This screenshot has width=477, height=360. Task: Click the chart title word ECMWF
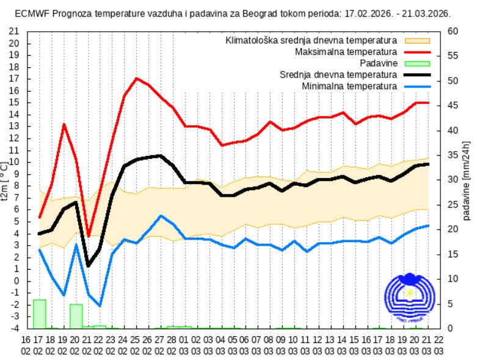tap(30, 13)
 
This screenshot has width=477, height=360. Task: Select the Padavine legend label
tap(379, 64)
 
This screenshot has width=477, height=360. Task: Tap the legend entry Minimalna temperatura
tap(349, 86)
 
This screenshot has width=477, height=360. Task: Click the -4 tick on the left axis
tap(15, 328)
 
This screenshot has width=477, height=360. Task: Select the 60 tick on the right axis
tap(453, 31)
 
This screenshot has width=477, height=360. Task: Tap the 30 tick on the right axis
tap(453, 180)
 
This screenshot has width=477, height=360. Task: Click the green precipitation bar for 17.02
tap(40, 314)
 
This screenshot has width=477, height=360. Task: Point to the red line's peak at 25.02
tap(136, 78)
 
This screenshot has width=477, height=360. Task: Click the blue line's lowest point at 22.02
tap(100, 306)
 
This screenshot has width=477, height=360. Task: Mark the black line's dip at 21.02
tap(88, 265)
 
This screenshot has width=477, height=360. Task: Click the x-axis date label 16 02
tap(26, 346)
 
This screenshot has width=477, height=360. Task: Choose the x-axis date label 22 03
tap(439, 346)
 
